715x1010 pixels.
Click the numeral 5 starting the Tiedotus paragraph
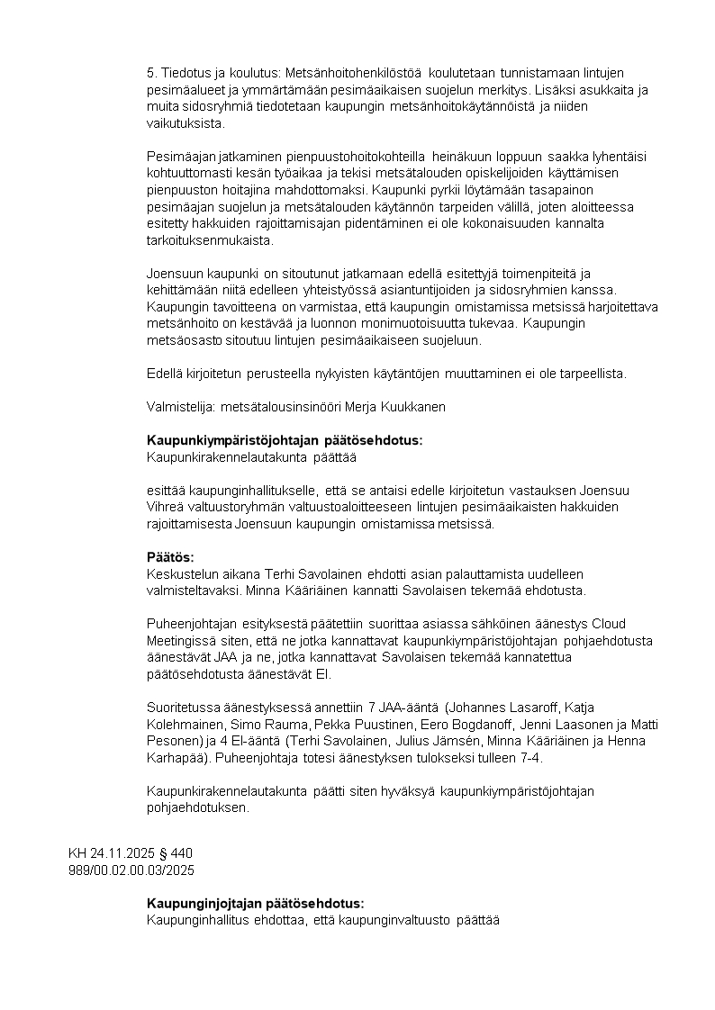pos(149,73)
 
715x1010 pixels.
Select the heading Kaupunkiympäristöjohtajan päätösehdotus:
pos(284,440)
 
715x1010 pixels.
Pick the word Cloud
pos(608,624)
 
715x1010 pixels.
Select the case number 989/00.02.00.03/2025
pos(131,870)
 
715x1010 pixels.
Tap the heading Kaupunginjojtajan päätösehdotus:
pos(255,903)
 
